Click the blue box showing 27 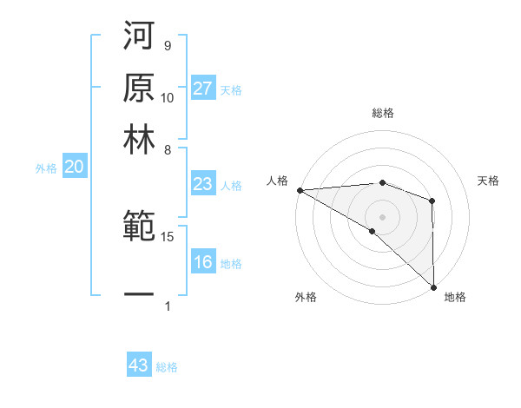[x=203, y=89]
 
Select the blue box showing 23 [x=203, y=184]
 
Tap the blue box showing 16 [x=203, y=263]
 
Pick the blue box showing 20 [x=74, y=168]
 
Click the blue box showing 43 [x=139, y=365]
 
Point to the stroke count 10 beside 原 [x=168, y=97]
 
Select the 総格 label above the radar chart [x=382, y=113]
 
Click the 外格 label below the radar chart [x=306, y=297]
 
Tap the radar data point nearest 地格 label [x=433, y=286]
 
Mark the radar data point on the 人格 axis [x=300, y=189]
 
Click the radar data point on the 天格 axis [x=432, y=201]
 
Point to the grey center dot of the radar [x=382, y=216]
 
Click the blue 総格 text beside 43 [x=167, y=367]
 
